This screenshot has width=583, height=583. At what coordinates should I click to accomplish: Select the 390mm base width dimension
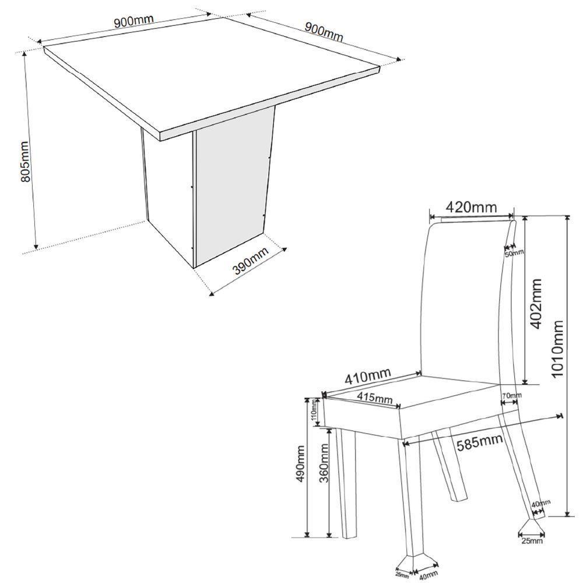click(x=251, y=261)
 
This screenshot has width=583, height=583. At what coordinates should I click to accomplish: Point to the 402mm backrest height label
click(x=536, y=303)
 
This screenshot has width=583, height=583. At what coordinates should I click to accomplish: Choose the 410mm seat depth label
click(x=367, y=375)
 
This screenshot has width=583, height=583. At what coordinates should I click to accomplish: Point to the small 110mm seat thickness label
click(x=313, y=411)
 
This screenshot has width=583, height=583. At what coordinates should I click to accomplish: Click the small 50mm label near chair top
click(x=514, y=252)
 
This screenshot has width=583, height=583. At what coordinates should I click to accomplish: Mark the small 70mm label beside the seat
click(x=511, y=396)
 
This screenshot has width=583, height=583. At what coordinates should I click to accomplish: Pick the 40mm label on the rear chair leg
click(x=540, y=504)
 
